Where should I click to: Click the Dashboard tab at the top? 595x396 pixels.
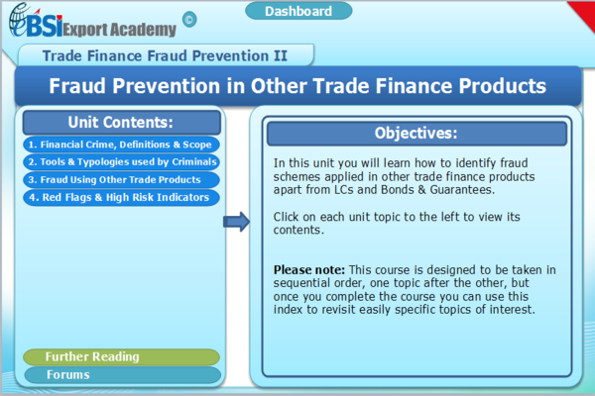pos(298,12)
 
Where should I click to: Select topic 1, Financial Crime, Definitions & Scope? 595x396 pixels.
pos(119,145)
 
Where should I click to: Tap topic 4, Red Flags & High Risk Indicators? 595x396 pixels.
pos(119,197)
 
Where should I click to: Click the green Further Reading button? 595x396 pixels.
pos(121,356)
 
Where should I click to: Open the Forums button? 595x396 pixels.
pos(121,374)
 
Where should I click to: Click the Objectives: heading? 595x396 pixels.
pos(416,134)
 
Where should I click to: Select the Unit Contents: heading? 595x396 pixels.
pos(121,123)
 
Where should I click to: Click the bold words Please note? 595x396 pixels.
pos(306,269)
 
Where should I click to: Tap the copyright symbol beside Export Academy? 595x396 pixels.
pos(189,19)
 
